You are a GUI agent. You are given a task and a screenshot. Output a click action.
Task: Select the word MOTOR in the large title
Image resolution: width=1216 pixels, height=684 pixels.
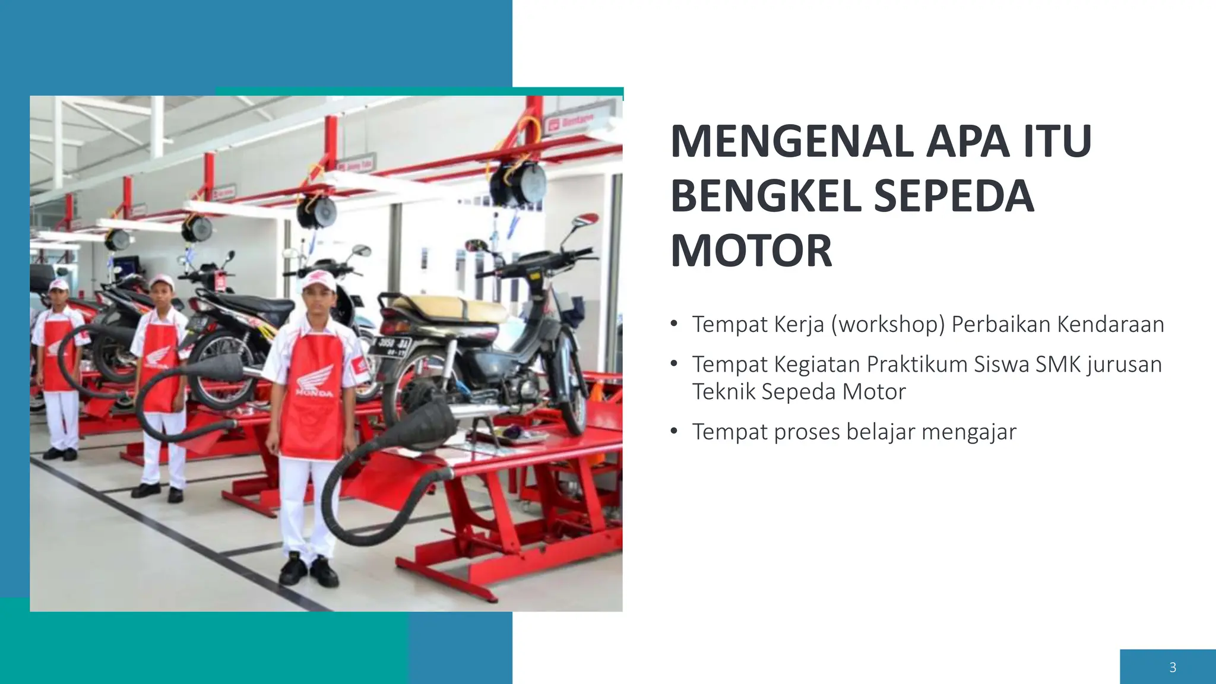click(x=751, y=251)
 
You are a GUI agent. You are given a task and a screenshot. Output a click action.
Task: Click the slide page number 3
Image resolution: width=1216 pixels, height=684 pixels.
click(x=1172, y=667)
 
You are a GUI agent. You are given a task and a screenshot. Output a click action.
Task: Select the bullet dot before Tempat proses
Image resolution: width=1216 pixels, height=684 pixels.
click(x=673, y=431)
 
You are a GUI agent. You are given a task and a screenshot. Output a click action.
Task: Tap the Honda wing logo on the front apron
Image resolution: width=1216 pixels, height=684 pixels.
click(x=315, y=377)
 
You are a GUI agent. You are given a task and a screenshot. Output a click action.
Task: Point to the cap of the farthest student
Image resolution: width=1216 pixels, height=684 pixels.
click(x=59, y=286)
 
